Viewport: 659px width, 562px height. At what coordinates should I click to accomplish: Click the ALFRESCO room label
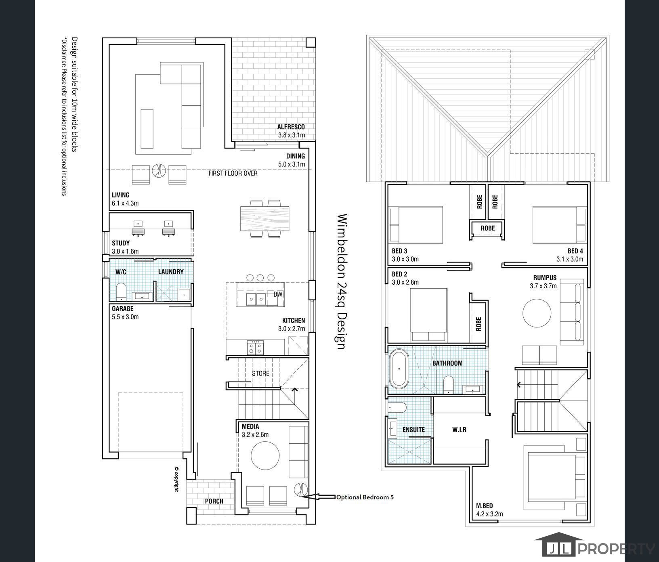(291, 127)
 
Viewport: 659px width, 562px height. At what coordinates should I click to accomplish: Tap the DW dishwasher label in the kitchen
(278, 294)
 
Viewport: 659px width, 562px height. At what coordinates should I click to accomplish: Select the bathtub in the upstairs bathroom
(399, 369)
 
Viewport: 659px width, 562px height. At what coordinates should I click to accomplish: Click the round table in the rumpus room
(537, 312)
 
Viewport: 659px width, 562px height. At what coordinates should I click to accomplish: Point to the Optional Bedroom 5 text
(365, 497)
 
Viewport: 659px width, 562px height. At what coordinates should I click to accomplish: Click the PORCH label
(214, 501)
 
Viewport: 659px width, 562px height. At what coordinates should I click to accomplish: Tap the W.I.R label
(459, 430)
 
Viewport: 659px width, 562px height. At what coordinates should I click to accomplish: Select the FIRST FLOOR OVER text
(233, 173)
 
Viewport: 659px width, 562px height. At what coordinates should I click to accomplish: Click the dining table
(265, 219)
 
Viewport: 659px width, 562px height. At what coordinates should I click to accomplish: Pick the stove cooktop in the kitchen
(255, 347)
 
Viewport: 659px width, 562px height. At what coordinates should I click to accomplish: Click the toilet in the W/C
(121, 291)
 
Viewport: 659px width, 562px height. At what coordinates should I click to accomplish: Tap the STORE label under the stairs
(260, 373)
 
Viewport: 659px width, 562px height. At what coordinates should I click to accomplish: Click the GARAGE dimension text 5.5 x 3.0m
(125, 317)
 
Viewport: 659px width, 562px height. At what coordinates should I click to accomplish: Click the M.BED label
(484, 506)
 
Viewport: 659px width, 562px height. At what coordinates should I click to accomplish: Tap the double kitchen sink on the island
(256, 299)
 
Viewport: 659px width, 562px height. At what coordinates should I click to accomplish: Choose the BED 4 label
(575, 251)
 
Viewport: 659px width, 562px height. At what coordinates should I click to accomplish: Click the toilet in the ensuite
(397, 407)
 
